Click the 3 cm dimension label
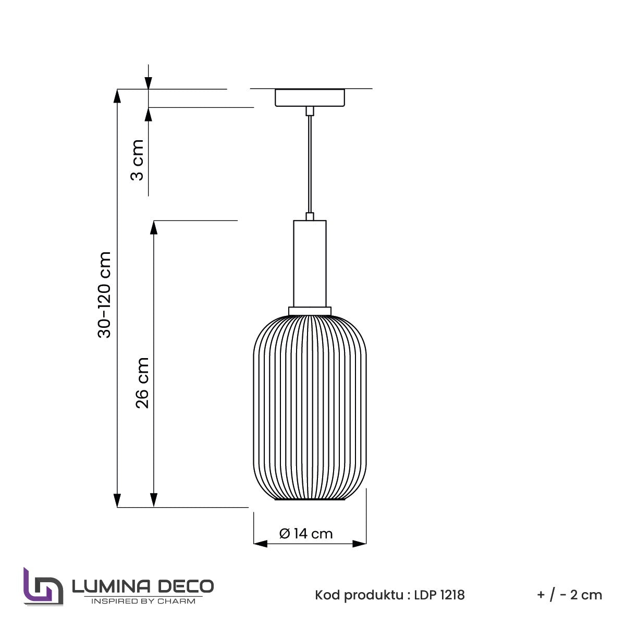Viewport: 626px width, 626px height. click(x=137, y=160)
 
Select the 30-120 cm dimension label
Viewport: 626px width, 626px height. click(x=104, y=294)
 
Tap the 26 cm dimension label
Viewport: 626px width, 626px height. click(x=142, y=383)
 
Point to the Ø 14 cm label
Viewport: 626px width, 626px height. click(x=305, y=534)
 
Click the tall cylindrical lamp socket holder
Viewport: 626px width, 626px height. click(x=310, y=263)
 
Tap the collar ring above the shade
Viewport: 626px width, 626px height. click(x=310, y=311)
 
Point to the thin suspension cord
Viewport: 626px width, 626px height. click(x=310, y=164)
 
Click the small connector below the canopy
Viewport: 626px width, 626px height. click(x=310, y=111)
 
